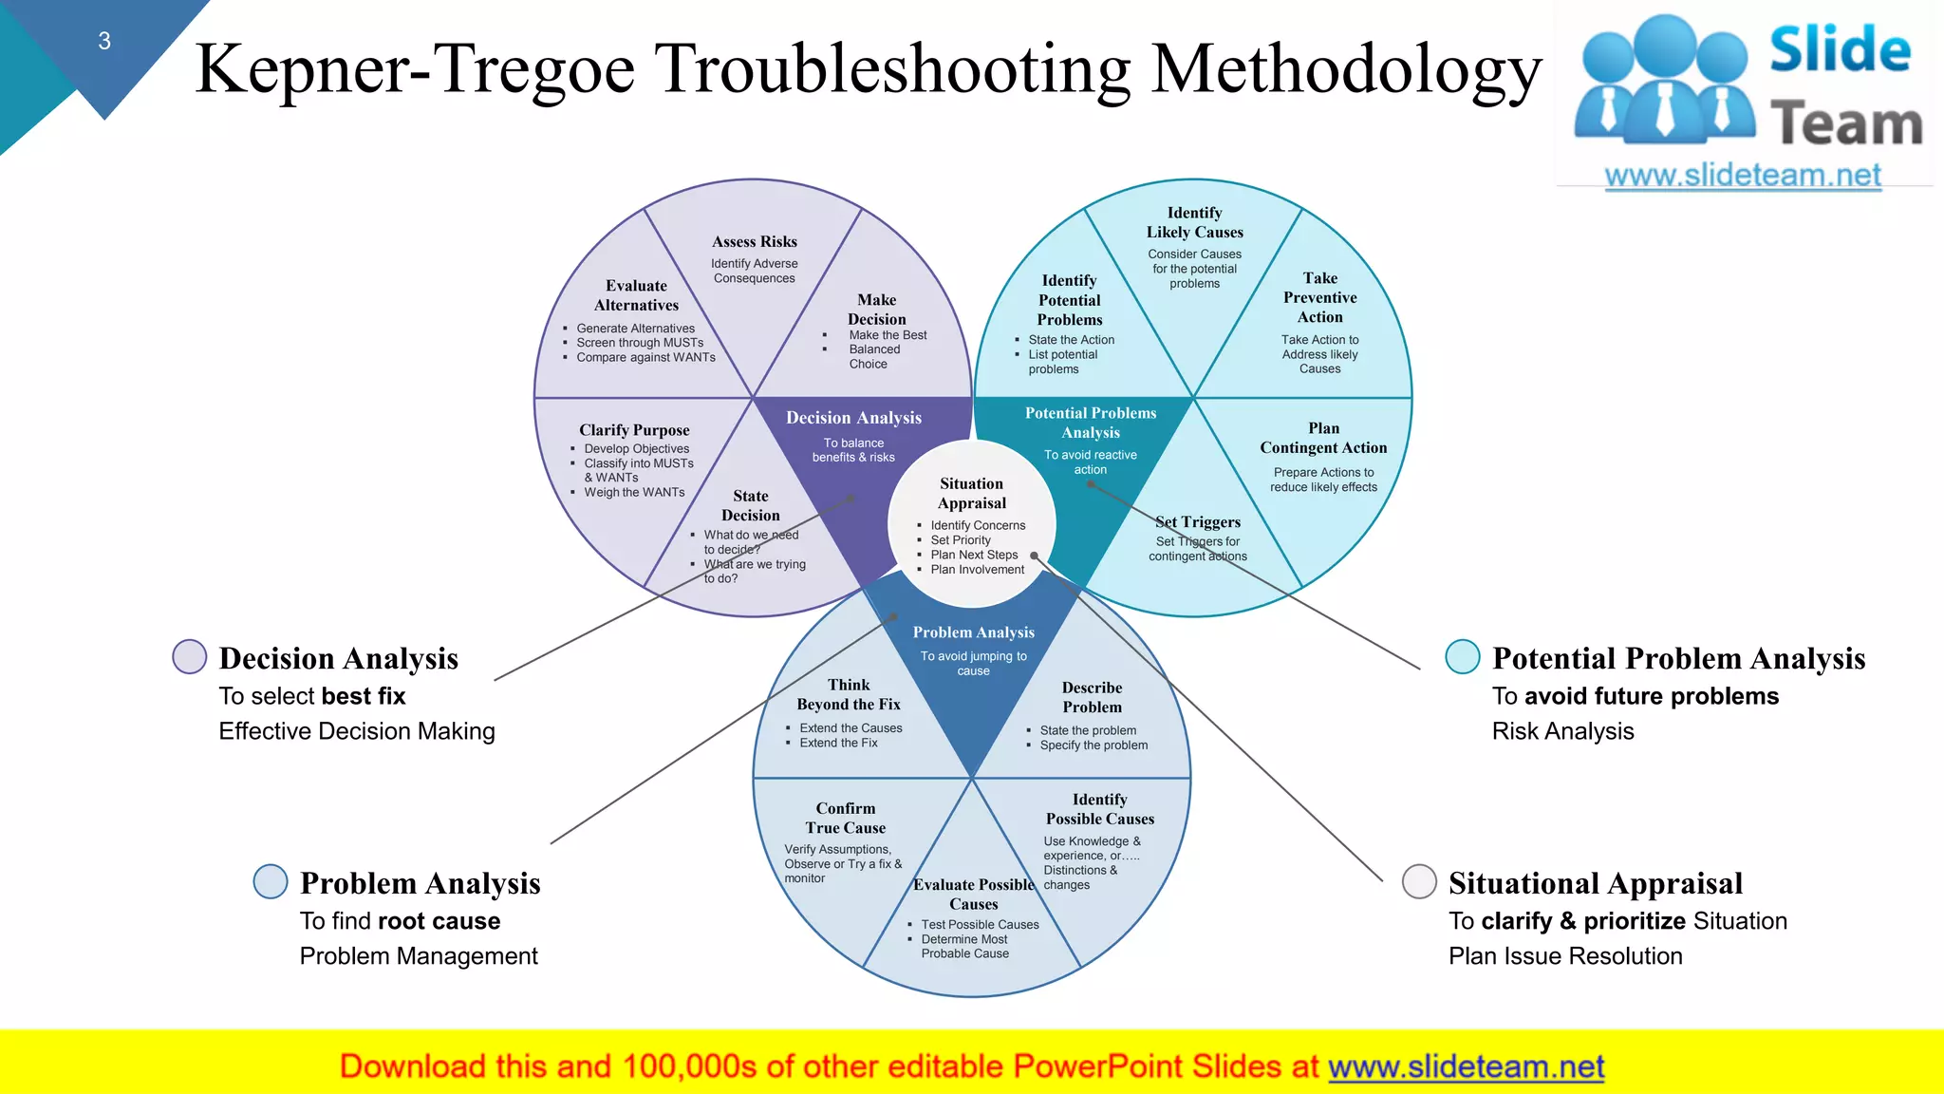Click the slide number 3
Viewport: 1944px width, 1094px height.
(104, 41)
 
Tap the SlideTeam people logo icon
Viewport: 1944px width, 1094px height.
(1664, 81)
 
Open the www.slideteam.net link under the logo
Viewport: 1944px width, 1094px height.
(1742, 176)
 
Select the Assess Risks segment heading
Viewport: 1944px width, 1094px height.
(755, 242)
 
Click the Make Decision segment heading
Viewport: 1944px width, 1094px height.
(877, 310)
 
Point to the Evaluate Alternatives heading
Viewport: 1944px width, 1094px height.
(637, 295)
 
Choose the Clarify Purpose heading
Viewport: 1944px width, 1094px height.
(634, 430)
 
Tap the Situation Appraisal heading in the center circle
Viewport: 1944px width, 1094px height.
(972, 493)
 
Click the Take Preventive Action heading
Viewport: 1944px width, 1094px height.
(1320, 297)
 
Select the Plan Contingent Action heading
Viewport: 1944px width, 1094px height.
(1323, 438)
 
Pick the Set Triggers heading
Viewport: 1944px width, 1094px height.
(1198, 522)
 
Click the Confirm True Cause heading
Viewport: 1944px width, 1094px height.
(846, 818)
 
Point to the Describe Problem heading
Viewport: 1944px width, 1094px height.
(1093, 697)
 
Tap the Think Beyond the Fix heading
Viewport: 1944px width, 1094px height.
(849, 694)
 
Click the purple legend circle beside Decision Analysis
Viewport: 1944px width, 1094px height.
(190, 656)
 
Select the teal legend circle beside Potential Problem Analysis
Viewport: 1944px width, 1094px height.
(1463, 656)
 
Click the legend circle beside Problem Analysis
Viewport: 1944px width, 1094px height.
(271, 881)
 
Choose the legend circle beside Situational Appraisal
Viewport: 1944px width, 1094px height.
(1419, 881)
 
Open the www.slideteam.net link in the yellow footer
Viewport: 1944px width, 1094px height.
(1466, 1066)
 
